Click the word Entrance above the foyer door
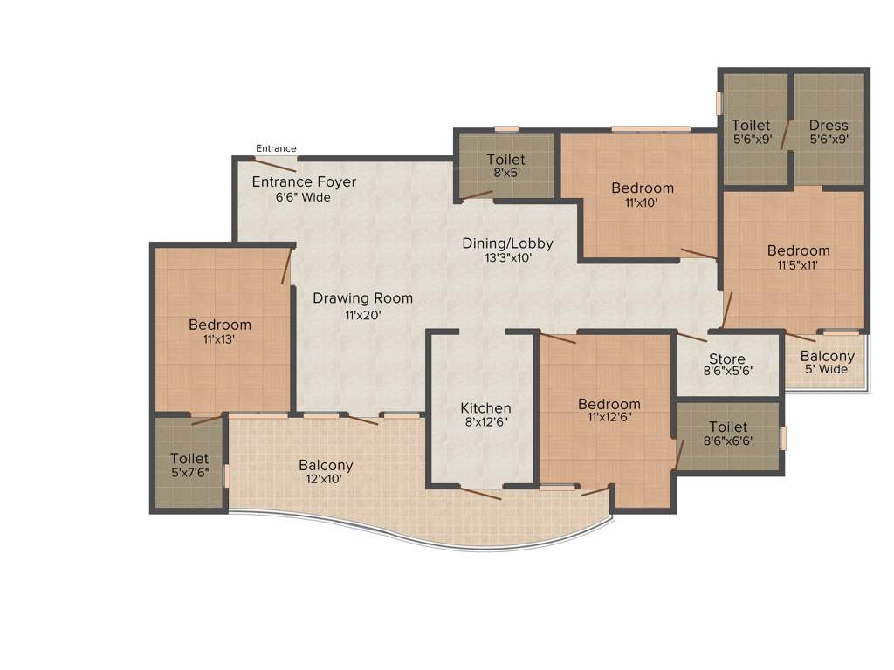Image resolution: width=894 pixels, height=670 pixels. tap(276, 148)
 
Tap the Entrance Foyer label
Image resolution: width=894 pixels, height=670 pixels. tap(304, 182)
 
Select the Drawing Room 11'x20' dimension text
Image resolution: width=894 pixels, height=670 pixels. tap(362, 315)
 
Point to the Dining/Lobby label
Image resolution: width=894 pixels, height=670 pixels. tap(507, 243)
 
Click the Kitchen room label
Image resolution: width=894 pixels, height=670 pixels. tap(485, 408)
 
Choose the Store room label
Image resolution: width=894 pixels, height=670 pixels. tap(726, 359)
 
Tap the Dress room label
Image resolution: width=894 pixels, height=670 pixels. tap(829, 125)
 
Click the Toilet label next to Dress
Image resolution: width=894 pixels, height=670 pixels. tap(751, 125)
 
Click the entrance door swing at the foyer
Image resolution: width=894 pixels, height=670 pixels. tap(275, 165)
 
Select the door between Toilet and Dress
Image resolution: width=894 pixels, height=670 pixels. tap(786, 135)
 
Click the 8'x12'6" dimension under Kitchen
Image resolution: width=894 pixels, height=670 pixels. tap(485, 422)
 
